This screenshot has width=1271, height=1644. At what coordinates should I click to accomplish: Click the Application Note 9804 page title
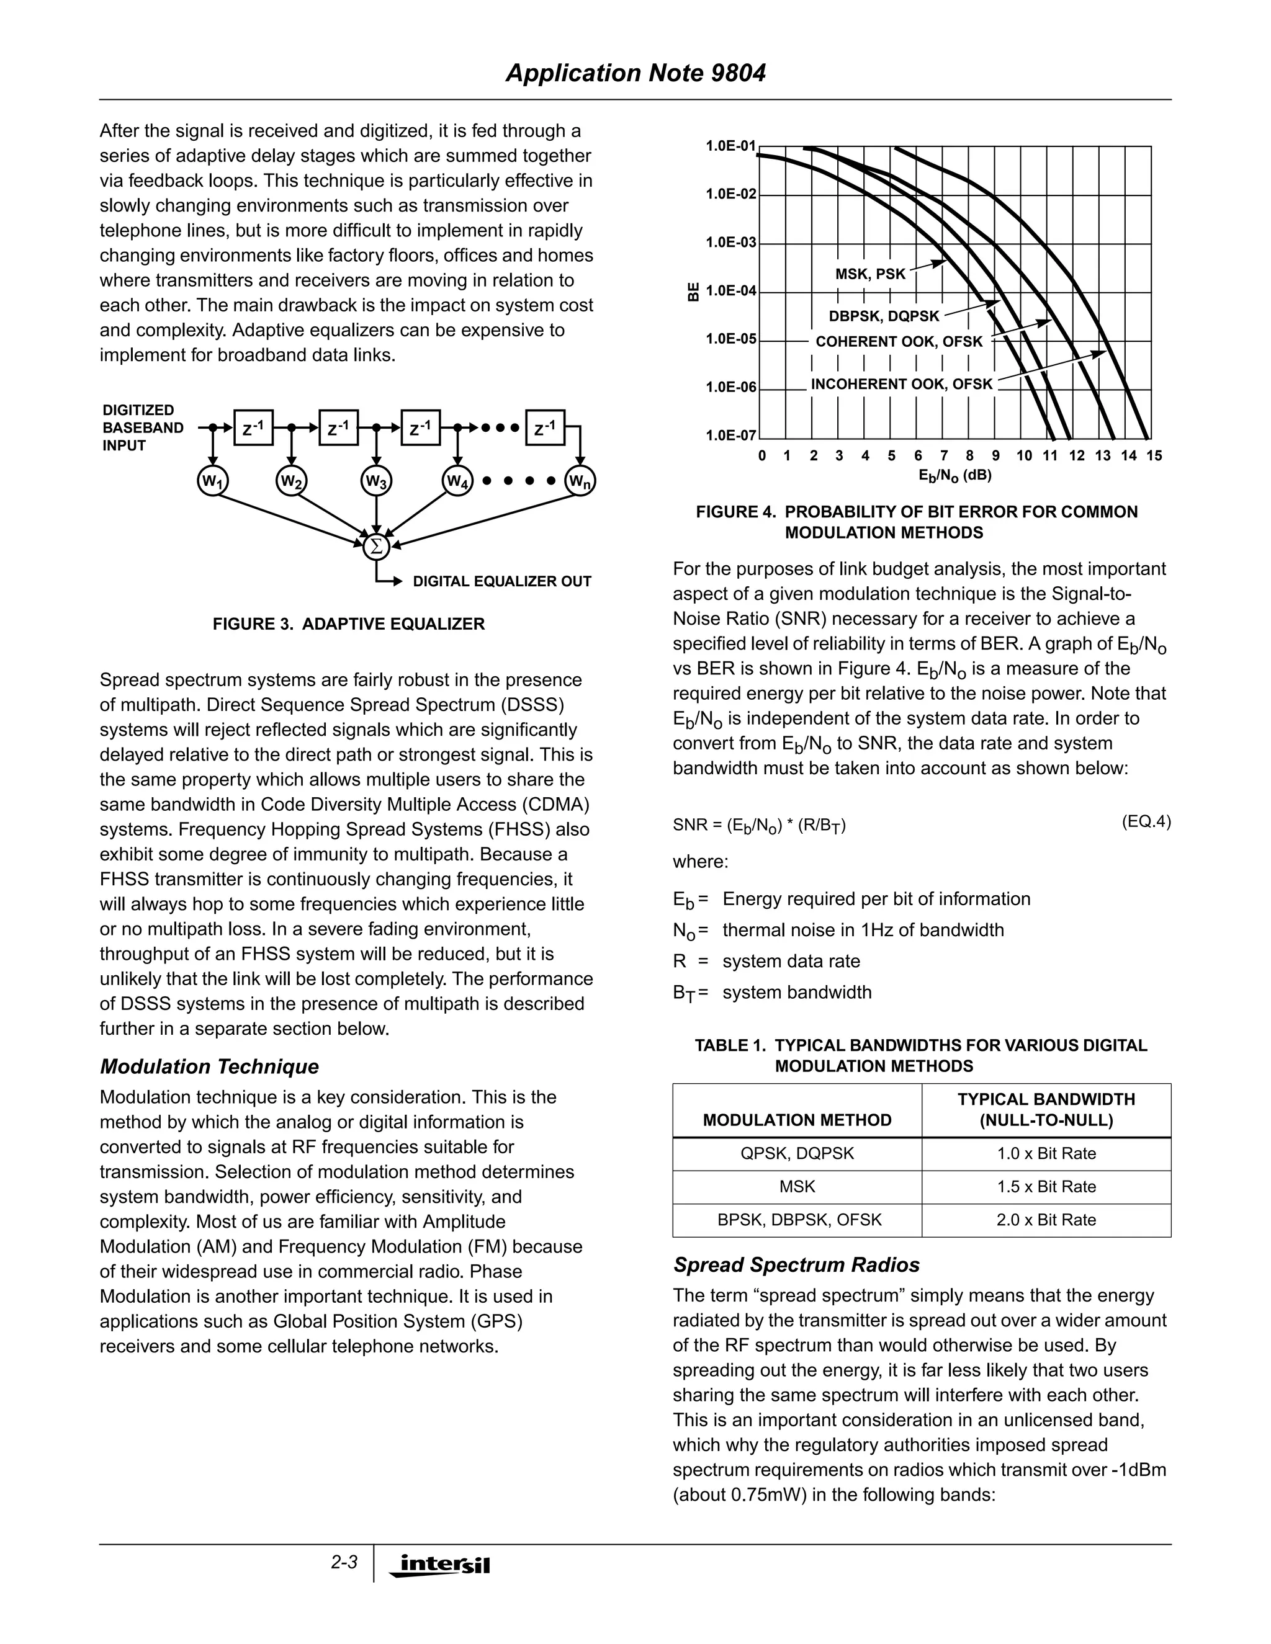coord(635,73)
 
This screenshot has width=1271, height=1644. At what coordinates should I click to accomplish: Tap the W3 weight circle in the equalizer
coord(375,481)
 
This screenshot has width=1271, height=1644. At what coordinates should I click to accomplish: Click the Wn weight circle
coord(580,481)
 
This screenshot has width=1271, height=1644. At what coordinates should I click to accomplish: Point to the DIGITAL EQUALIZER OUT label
coord(501,581)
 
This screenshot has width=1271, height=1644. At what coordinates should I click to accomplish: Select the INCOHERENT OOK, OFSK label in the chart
coord(901,384)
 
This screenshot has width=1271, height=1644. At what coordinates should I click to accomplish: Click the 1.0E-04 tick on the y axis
coord(730,290)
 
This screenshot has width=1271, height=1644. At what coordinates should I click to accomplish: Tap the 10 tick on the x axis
coord(1024,455)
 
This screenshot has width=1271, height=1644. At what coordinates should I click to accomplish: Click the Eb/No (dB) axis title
coord(954,475)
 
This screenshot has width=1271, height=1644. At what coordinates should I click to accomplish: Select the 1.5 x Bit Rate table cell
coord(1046,1186)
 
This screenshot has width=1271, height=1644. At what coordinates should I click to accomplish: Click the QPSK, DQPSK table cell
coord(797,1153)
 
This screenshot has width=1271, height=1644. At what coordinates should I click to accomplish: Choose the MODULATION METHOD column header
coord(797,1120)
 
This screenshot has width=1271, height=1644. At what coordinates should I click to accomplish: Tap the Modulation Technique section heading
coord(209,1066)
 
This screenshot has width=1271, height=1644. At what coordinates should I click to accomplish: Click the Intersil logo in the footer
coord(440,1564)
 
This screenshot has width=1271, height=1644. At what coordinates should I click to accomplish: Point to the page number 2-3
coord(344,1562)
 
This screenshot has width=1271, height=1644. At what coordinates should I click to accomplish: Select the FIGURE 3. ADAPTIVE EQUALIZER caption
coord(349,624)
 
